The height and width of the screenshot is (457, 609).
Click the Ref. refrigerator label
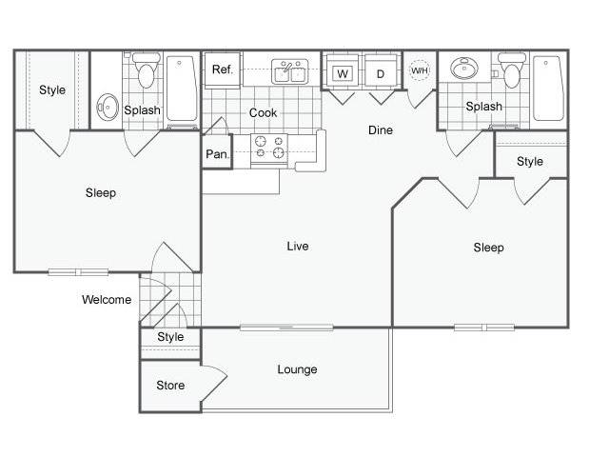222,70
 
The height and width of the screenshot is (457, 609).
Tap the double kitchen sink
289,71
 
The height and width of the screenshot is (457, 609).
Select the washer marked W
343,73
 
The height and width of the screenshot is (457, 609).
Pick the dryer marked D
381,73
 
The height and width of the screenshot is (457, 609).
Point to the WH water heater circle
420,70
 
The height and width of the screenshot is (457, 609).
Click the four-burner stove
269,150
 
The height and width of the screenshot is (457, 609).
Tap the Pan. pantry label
217,154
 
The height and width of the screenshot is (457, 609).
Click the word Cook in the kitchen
263,112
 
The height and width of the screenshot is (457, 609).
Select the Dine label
381,129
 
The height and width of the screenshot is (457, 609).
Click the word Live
298,246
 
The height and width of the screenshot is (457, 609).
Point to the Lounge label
297,369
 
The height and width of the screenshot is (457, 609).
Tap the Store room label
170,385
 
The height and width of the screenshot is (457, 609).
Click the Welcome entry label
107,300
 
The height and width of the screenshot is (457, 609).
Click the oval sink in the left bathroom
108,107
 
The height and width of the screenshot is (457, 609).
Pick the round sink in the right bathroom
464,68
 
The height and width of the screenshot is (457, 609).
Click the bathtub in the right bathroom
548,89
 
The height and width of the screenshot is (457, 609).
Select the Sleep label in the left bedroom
101,192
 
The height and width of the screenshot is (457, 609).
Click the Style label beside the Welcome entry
170,336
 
